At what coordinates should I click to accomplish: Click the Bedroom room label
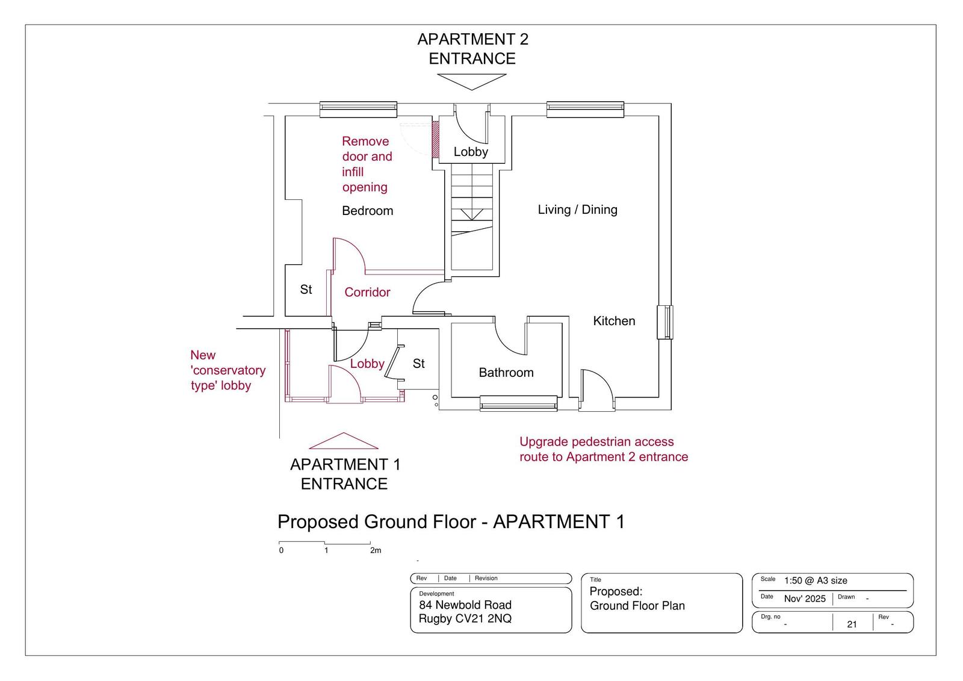[x=368, y=211]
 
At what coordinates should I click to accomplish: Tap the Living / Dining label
[x=577, y=210]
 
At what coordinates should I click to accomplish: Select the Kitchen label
[x=614, y=321]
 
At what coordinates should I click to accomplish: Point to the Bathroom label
[x=506, y=373]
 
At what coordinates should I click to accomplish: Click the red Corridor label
[x=367, y=293]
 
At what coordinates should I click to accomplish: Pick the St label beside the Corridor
[x=306, y=290]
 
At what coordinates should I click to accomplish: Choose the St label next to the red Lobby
[x=419, y=364]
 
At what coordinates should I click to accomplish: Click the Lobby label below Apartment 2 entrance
[x=471, y=152]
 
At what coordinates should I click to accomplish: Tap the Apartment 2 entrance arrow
[x=472, y=82]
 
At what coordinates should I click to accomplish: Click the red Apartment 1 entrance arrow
[x=344, y=441]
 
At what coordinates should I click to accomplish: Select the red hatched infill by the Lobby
[x=435, y=138]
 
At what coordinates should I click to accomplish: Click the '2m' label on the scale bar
[x=376, y=550]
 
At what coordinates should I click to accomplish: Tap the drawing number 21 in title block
[x=852, y=624]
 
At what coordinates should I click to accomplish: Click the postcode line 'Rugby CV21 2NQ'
[x=465, y=618]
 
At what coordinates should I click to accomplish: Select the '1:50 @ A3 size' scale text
[x=816, y=580]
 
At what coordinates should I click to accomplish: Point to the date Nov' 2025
[x=805, y=599]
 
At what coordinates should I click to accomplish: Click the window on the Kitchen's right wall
[x=665, y=322]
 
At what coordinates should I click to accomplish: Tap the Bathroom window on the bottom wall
[x=518, y=403]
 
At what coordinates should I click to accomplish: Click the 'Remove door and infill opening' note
[x=367, y=164]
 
